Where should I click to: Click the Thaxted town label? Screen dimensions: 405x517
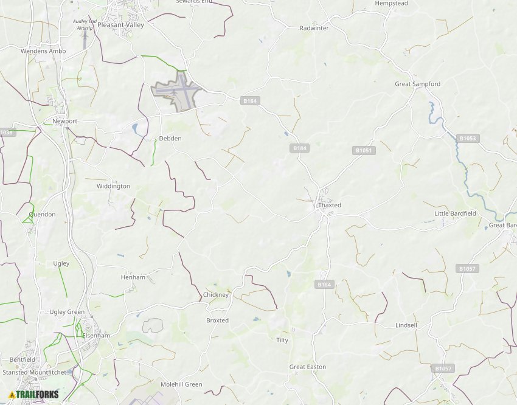click(330, 206)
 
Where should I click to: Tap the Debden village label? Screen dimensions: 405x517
click(170, 139)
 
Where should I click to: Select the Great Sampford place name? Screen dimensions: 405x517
click(417, 84)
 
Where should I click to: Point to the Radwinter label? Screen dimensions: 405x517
click(314, 28)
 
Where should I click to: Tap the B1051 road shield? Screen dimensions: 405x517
click(364, 150)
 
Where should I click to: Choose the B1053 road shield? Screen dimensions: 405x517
click(468, 139)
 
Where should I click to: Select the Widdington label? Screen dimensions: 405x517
click(113, 186)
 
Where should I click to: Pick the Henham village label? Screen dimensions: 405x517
click(133, 277)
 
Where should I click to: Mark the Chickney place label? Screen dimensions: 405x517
click(216, 295)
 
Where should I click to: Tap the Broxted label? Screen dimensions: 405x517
click(217, 320)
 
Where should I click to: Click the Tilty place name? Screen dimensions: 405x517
click(282, 341)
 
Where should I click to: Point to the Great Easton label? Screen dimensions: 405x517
click(307, 367)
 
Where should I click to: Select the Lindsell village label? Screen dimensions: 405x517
click(406, 325)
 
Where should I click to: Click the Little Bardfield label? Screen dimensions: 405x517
click(455, 214)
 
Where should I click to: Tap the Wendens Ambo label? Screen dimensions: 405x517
click(43, 51)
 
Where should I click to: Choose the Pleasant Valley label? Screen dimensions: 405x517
click(120, 26)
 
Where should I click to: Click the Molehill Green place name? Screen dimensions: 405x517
click(181, 384)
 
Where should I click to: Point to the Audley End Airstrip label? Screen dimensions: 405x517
click(85, 25)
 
